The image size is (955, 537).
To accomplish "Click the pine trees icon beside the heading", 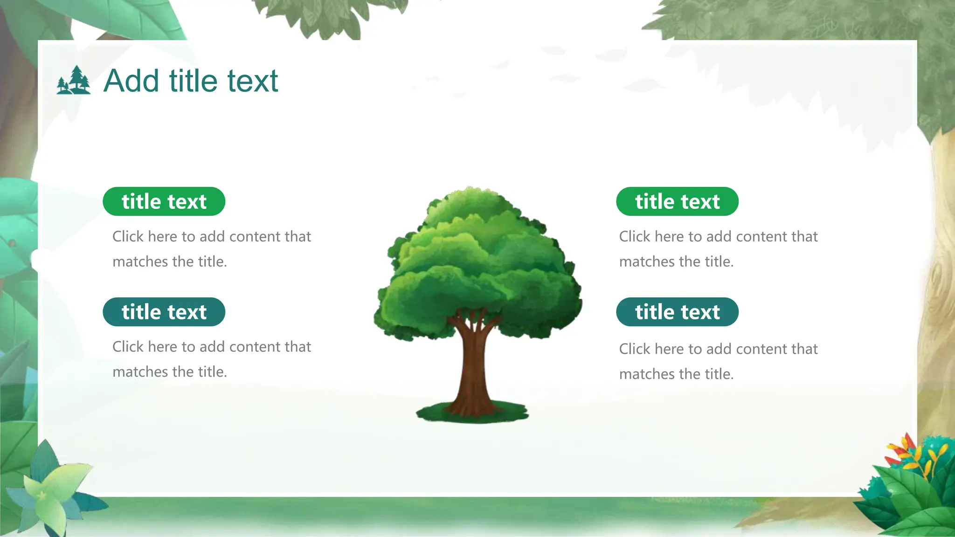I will coord(74,80).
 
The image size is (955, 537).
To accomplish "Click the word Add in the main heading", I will coord(131,81).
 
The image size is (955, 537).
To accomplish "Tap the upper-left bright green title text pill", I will coord(164,201).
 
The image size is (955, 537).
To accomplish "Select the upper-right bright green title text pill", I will coord(677,201).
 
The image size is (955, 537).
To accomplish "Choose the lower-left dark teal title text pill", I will coord(164,312).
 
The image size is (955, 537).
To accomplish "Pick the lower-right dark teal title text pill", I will coord(677,312).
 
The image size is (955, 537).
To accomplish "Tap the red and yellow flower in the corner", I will coord(909,454).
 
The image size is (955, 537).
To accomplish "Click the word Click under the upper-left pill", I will coord(128,236).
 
